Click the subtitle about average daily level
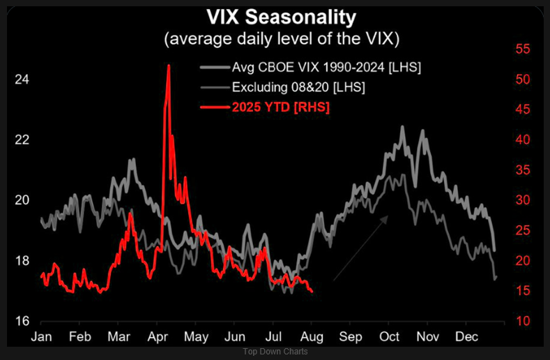click(281, 39)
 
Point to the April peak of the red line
click(169, 66)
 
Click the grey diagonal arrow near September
click(360, 248)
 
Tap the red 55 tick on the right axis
click(523, 50)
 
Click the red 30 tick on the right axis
click(523, 200)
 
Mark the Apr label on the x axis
click(157, 337)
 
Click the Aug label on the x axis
click(312, 337)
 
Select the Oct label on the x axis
click(388, 337)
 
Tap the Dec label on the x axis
click(466, 337)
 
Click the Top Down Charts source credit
click(275, 352)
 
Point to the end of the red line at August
click(312, 291)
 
